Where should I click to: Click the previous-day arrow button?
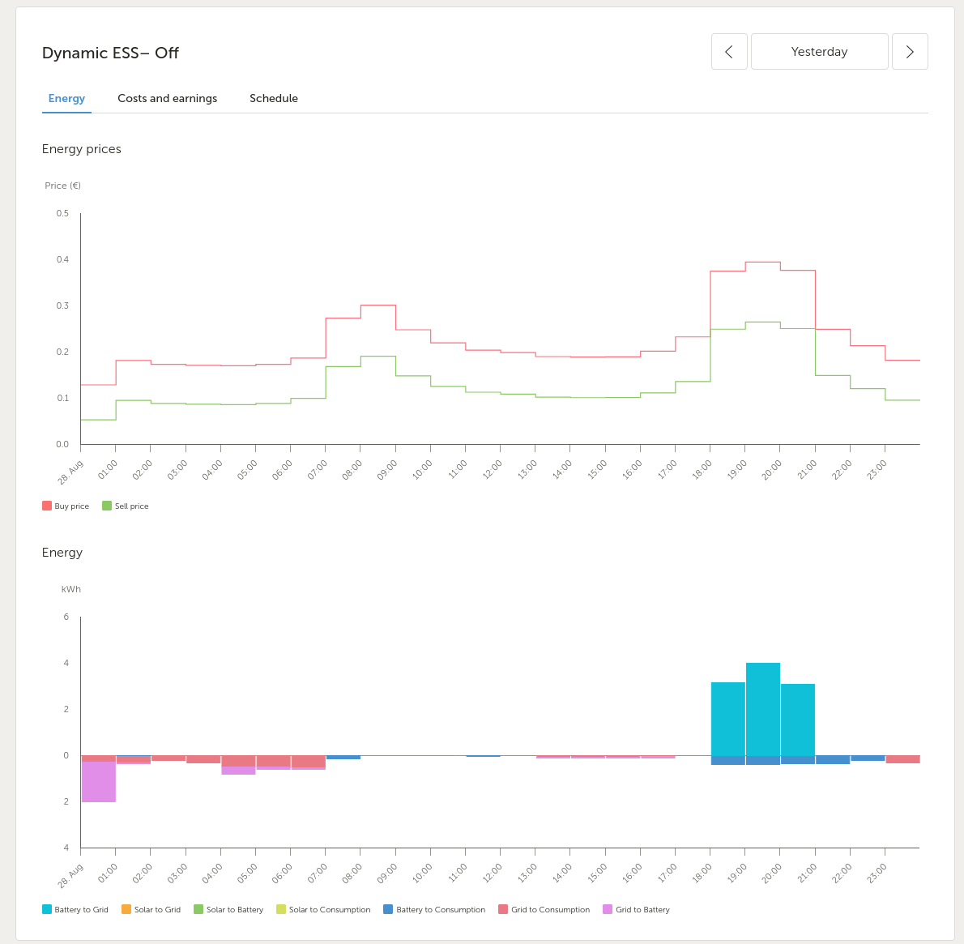click(729, 52)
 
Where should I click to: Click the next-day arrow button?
click(910, 52)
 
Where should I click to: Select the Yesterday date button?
click(820, 52)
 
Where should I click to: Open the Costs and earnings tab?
click(167, 98)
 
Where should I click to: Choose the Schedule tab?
click(274, 98)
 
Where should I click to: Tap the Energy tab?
click(66, 98)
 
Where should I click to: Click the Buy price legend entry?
click(66, 506)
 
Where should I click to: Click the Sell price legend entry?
click(126, 506)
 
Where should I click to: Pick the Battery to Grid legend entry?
click(75, 909)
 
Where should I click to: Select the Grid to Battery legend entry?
click(636, 909)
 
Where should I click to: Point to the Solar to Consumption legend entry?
click(324, 909)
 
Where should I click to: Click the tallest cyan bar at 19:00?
click(763, 709)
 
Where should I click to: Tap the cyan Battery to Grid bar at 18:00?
click(728, 719)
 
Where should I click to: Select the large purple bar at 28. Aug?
click(98, 782)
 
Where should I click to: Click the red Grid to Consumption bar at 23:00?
click(902, 759)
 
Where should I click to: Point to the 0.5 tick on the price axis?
click(62, 213)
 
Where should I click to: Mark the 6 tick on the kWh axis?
click(66, 617)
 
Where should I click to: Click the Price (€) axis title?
click(62, 186)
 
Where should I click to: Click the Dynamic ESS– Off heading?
click(110, 53)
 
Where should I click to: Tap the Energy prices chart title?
click(81, 149)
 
